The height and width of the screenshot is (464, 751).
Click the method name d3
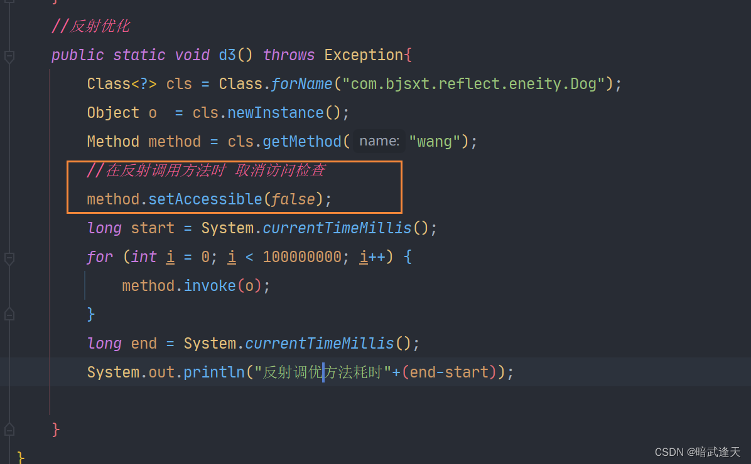pos(227,55)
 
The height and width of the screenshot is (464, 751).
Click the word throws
pos(288,55)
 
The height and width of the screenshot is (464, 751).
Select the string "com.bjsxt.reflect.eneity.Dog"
pos(473,84)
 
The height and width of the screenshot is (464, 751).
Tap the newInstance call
pos(275,113)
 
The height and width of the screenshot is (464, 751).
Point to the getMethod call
pos(302,142)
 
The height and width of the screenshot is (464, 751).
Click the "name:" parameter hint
pos(379,141)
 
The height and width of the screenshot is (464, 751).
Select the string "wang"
pos(435,142)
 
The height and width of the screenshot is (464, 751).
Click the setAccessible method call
pos(205,199)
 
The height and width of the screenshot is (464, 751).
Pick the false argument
pos(293,199)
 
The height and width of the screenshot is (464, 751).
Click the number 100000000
pos(301,257)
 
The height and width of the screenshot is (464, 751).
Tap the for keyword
pos(100,257)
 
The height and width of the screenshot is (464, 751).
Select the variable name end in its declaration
pos(144,344)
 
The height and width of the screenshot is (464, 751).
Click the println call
pos(213,372)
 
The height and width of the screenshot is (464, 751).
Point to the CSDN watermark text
pos(697,452)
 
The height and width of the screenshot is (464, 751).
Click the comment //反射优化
pos(90,26)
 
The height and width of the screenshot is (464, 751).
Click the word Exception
pos(363,55)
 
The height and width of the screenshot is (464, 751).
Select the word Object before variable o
pos(113,113)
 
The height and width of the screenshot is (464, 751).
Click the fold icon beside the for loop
pos(9,258)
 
